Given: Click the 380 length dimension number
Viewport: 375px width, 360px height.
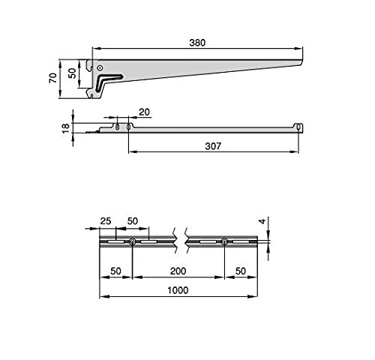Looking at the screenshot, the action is pyautogui.click(x=197, y=43).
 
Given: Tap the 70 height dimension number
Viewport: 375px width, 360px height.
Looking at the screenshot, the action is pyautogui.click(x=53, y=78).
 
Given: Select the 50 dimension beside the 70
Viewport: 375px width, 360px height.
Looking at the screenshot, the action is pyautogui.click(x=72, y=73).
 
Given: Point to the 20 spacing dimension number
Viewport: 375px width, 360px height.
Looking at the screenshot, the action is pyautogui.click(x=144, y=112).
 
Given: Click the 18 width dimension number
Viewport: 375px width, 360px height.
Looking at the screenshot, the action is pyautogui.click(x=66, y=128).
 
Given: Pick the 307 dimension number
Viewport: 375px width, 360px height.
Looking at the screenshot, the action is pyautogui.click(x=213, y=146).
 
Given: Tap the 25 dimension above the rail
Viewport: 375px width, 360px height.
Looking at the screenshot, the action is pyautogui.click(x=106, y=221).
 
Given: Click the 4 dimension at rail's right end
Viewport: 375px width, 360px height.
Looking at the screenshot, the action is pyautogui.click(x=262, y=221).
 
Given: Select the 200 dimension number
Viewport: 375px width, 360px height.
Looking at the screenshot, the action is pyautogui.click(x=178, y=271).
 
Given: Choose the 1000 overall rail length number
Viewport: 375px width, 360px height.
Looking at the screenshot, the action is pyautogui.click(x=178, y=290).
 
